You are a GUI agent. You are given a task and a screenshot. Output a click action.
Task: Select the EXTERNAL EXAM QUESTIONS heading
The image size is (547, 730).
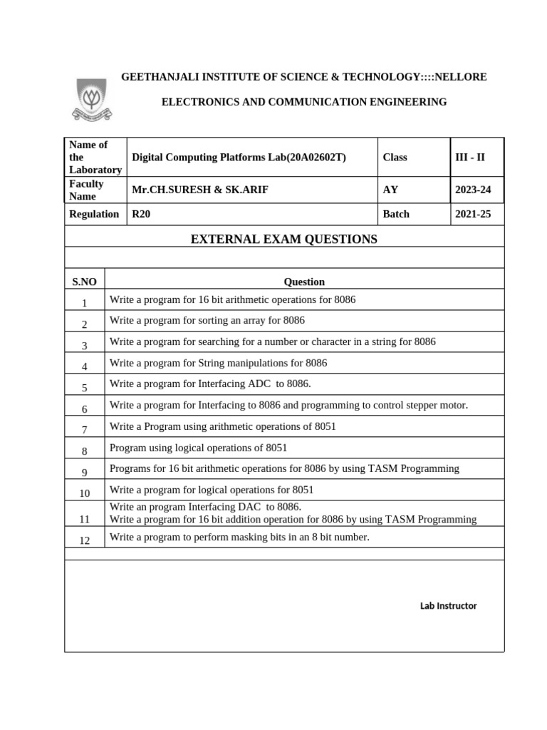pyautogui.click(x=284, y=240)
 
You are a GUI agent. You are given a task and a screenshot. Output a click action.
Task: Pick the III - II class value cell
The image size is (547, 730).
pyautogui.click(x=469, y=157)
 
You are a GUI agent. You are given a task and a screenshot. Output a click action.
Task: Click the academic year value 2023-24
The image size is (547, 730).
pyautogui.click(x=473, y=190)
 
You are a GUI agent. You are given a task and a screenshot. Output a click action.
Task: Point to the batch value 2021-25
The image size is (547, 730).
pyautogui.click(x=473, y=214)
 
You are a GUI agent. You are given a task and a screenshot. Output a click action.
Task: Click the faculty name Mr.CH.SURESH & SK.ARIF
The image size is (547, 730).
pyautogui.click(x=201, y=190)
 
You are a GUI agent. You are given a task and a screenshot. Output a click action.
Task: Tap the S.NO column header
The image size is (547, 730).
pyautogui.click(x=84, y=282)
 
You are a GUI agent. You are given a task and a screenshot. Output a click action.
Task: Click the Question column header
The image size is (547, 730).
pyautogui.click(x=304, y=282)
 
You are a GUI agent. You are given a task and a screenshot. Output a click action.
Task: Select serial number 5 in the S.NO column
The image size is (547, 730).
pyautogui.click(x=84, y=389)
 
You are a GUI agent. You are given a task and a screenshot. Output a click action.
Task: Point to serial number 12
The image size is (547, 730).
pyautogui.click(x=84, y=540)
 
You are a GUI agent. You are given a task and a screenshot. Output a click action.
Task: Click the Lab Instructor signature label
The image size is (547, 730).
pyautogui.click(x=448, y=606)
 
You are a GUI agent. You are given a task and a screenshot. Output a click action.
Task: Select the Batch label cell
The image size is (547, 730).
pyautogui.click(x=396, y=214)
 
